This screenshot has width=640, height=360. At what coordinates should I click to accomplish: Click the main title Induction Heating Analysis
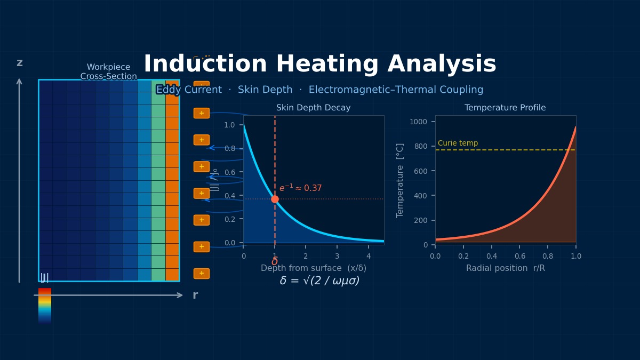(320, 65)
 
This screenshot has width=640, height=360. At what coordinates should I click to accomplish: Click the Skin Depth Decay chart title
(313, 108)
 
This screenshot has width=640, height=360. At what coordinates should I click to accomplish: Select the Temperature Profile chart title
(505, 108)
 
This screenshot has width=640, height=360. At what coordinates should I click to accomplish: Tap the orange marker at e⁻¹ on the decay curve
(275, 199)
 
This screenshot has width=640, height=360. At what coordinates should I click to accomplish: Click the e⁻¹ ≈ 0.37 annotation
(300, 188)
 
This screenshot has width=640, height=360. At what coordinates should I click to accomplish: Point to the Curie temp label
(458, 143)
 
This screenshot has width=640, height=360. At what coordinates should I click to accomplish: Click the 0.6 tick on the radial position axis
(520, 256)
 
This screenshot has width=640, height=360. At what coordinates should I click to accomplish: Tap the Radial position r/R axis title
(505, 268)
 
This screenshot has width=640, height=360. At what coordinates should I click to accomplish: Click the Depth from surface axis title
(313, 268)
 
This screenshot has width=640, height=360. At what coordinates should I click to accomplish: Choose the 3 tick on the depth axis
(337, 256)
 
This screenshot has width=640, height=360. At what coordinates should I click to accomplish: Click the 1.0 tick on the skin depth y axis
(229, 125)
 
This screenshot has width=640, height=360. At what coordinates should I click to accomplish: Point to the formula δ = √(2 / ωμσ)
(319, 281)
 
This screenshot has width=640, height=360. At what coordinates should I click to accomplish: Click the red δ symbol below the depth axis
(275, 262)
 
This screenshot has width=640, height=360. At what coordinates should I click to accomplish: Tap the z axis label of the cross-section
(20, 63)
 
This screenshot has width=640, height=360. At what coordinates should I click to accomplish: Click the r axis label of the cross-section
(195, 295)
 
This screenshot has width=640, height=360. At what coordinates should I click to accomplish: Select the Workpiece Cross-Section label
(108, 72)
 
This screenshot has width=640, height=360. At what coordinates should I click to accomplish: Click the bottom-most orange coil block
(202, 274)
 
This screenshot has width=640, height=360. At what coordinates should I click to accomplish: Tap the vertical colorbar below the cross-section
(45, 306)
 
